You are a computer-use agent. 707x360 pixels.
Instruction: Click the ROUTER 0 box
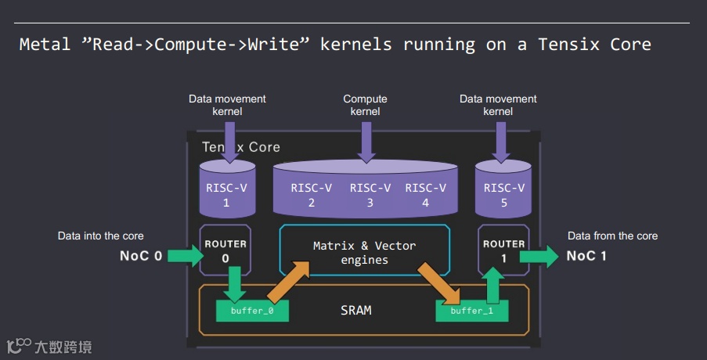pos(225,250)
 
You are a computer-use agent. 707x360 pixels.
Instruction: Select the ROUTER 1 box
pos(503,250)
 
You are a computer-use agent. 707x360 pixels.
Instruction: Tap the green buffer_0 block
pos(252,311)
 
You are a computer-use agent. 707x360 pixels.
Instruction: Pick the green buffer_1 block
pos(472,311)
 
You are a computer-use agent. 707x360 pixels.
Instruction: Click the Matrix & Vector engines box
pos(364,252)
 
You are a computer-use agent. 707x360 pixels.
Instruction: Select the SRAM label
pos(356,310)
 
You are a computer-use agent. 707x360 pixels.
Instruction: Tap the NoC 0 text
pos(141,256)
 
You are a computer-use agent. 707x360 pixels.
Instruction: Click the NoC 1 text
pos(587,256)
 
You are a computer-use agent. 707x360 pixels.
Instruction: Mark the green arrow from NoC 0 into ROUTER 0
pos(185,256)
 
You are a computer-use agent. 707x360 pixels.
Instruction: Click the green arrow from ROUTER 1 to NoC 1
pos(539,256)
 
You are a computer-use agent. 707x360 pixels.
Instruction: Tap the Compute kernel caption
pos(365,105)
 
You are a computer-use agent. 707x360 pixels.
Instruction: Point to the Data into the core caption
pos(101,236)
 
